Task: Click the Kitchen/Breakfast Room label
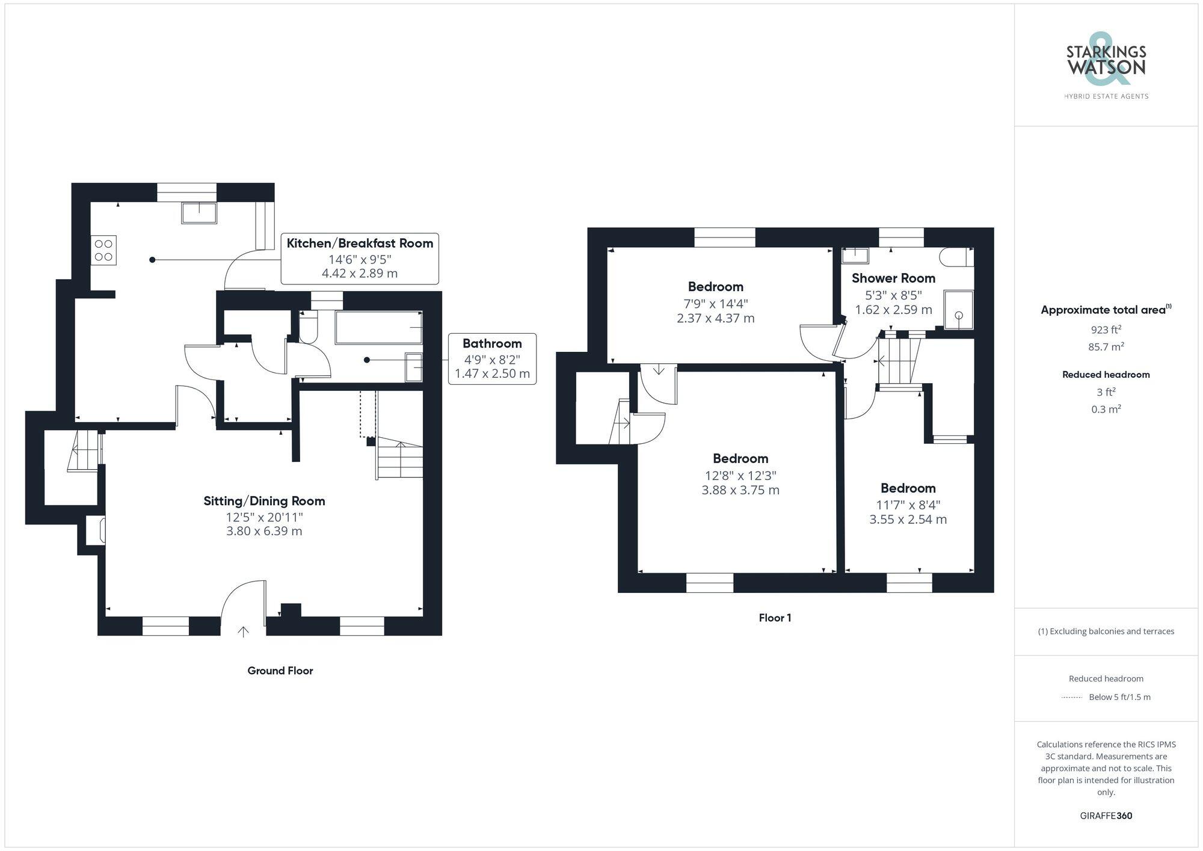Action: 360,244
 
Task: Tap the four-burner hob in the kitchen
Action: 103,250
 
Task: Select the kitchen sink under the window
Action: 199,213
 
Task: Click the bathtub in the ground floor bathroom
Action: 378,327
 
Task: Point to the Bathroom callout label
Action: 492,344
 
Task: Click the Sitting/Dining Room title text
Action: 264,501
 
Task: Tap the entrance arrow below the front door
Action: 243,631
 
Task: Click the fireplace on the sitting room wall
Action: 96,530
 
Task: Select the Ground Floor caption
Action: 280,671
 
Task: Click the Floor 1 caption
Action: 775,618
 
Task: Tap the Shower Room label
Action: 893,278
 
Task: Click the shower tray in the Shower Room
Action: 958,310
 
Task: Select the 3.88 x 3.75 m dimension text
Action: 740,490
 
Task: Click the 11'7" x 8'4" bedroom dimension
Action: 908,505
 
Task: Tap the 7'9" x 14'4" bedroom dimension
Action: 715,304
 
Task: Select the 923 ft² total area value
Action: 1106,330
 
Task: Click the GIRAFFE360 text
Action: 1106,816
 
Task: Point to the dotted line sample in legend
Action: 1072,698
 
